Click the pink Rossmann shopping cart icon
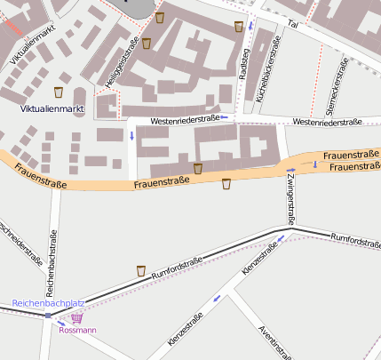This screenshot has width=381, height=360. (77, 317)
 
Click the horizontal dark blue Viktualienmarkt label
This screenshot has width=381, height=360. (52, 108)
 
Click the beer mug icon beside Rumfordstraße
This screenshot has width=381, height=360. (140, 270)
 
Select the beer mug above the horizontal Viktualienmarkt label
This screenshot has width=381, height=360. (59, 92)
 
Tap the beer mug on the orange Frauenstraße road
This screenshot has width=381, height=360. (226, 184)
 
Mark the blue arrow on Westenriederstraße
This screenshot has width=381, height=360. (225, 117)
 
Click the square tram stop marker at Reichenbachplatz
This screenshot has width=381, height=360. (48, 315)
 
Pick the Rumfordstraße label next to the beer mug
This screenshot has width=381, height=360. (178, 269)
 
